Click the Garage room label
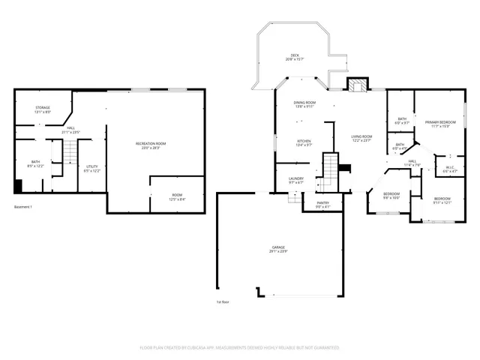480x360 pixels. (x=279, y=249)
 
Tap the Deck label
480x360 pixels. (x=296, y=57)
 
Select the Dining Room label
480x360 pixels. (x=304, y=104)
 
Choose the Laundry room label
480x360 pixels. (x=295, y=180)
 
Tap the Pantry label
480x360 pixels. (x=322, y=204)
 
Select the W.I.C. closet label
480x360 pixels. (x=450, y=169)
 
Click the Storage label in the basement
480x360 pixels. (x=43, y=109)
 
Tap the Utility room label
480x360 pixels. (x=91, y=168)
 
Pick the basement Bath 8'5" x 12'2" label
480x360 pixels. (x=36, y=163)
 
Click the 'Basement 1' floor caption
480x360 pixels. (x=25, y=207)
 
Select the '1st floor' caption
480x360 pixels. (x=223, y=301)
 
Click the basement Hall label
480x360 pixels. (x=70, y=130)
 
